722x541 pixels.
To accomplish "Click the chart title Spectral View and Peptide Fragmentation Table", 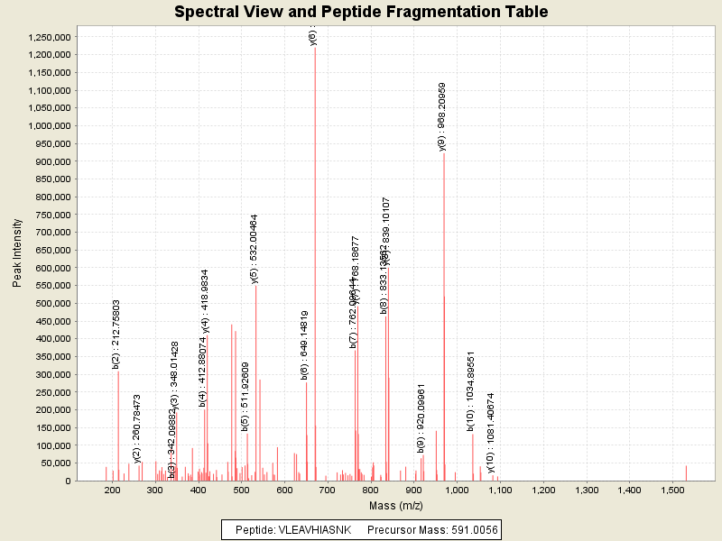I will click(361, 12).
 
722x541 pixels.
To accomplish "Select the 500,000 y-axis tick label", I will click(51, 303).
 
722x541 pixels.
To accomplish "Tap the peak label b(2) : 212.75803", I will click(116, 334).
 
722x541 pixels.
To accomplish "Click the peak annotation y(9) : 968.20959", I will click(442, 116).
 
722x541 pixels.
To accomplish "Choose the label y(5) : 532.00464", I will click(255, 249).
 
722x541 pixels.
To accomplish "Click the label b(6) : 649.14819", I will click(305, 344).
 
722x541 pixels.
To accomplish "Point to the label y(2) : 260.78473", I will click(137, 427).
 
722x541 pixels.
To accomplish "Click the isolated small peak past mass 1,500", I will click(686, 472).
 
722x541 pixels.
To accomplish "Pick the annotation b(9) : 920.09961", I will click(421, 417).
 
